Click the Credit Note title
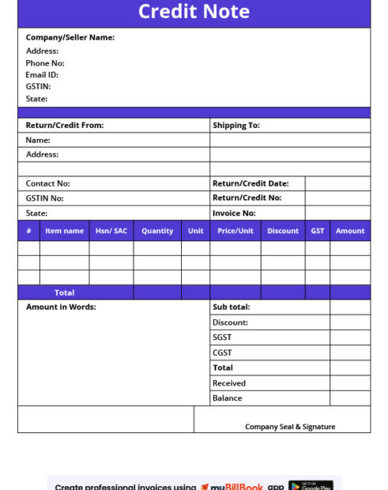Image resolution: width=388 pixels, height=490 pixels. coord(194,12)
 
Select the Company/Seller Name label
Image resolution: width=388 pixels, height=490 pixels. coord(70,37)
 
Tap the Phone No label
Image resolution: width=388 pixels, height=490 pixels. coord(45,63)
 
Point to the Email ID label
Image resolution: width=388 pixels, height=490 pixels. coord(42,75)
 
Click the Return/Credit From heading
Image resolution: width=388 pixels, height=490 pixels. coord(65,125)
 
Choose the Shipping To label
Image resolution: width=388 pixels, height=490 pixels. coord(235,125)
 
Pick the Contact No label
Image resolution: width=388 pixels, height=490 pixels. coord(47,183)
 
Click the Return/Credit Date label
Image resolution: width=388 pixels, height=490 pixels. coord(251,183)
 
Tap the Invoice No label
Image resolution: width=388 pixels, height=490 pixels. coord(234,213)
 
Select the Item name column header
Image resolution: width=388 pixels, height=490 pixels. coord(64,231)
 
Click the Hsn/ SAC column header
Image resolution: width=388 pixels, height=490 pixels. coord(111,231)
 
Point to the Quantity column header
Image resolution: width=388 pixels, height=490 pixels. coord(157,231)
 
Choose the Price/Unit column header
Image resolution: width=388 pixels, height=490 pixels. coord(235,231)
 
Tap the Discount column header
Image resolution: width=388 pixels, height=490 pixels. coord(283,231)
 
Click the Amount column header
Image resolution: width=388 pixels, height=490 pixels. coord(350,231)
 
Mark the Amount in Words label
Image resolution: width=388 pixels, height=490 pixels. coord(61,307)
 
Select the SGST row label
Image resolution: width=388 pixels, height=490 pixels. coord(222,337)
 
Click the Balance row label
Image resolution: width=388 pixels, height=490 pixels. coord(227,398)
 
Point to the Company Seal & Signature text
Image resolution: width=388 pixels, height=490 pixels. coord(290,427)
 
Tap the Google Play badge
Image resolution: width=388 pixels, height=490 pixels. coord(311,485)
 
